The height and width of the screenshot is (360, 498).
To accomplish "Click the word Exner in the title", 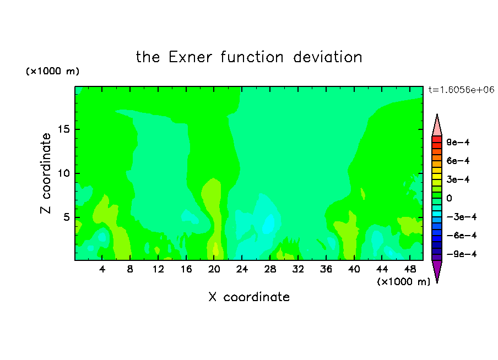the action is (x=190, y=57).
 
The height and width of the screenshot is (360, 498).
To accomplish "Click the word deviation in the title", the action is (x=328, y=57).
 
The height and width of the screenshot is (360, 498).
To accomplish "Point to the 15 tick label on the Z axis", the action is (x=63, y=129).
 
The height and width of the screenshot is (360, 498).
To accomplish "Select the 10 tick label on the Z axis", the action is (x=63, y=173).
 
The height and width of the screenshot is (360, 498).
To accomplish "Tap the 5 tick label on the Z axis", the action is (x=67, y=217).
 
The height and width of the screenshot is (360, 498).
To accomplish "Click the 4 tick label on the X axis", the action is (x=102, y=269).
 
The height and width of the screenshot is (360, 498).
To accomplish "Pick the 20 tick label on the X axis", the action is (x=214, y=269).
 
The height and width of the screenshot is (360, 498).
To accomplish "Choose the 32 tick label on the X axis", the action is (x=298, y=269).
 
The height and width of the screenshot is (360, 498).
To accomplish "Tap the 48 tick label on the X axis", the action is (x=410, y=269).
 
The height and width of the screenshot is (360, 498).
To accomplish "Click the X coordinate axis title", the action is (x=249, y=297).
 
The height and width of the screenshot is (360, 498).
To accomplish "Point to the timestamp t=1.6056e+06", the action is (x=461, y=90).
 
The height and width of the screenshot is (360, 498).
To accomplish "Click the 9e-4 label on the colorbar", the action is (x=458, y=142).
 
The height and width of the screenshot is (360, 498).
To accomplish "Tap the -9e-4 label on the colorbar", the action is (x=462, y=254).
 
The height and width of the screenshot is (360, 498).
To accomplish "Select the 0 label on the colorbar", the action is (x=449, y=198).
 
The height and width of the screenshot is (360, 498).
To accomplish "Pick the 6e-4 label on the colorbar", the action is (x=458, y=161).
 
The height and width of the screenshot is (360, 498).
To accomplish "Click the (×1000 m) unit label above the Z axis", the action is (x=53, y=71).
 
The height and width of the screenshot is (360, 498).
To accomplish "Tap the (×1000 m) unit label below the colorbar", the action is (x=403, y=282).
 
